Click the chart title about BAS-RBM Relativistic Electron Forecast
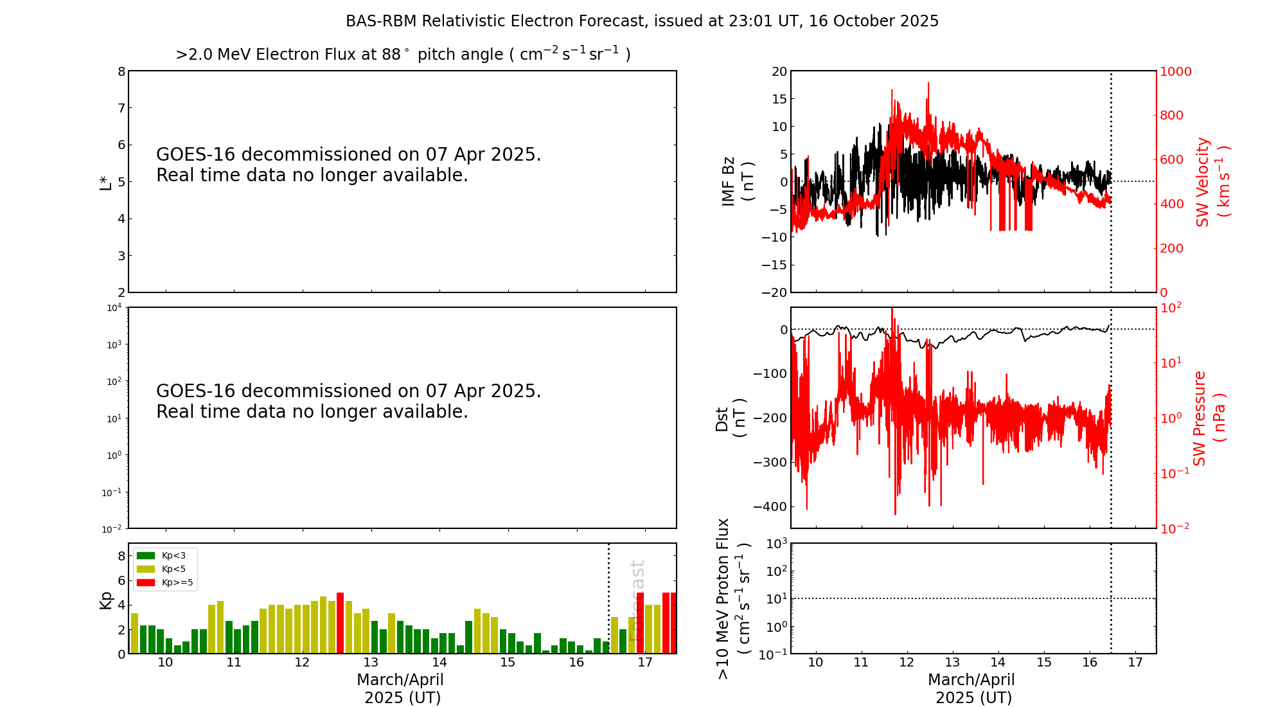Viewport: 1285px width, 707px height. (642, 21)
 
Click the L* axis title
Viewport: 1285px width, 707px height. (106, 182)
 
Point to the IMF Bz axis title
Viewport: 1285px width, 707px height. (737, 181)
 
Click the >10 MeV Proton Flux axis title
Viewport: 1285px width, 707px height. (733, 599)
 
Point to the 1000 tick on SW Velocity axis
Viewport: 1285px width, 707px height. (1175, 71)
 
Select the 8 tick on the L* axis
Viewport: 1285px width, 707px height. (121, 71)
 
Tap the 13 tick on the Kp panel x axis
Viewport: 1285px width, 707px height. (371, 663)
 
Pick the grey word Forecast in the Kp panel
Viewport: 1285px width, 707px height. (637, 600)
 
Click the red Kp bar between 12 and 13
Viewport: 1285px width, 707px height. (340, 623)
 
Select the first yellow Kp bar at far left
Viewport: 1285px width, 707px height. (135, 633)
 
